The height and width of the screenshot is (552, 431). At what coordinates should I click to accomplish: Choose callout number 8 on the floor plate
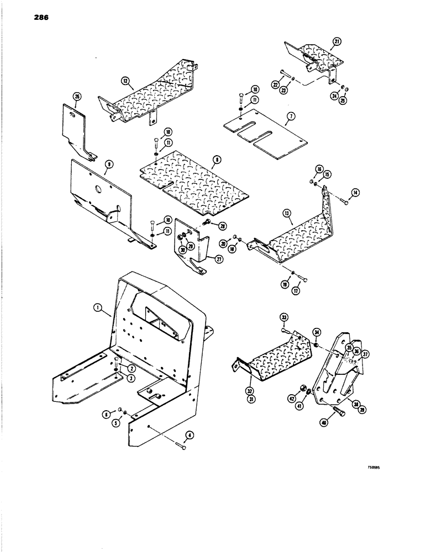pyautogui.click(x=218, y=160)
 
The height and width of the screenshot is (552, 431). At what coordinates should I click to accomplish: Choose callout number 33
pyautogui.click(x=283, y=318)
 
